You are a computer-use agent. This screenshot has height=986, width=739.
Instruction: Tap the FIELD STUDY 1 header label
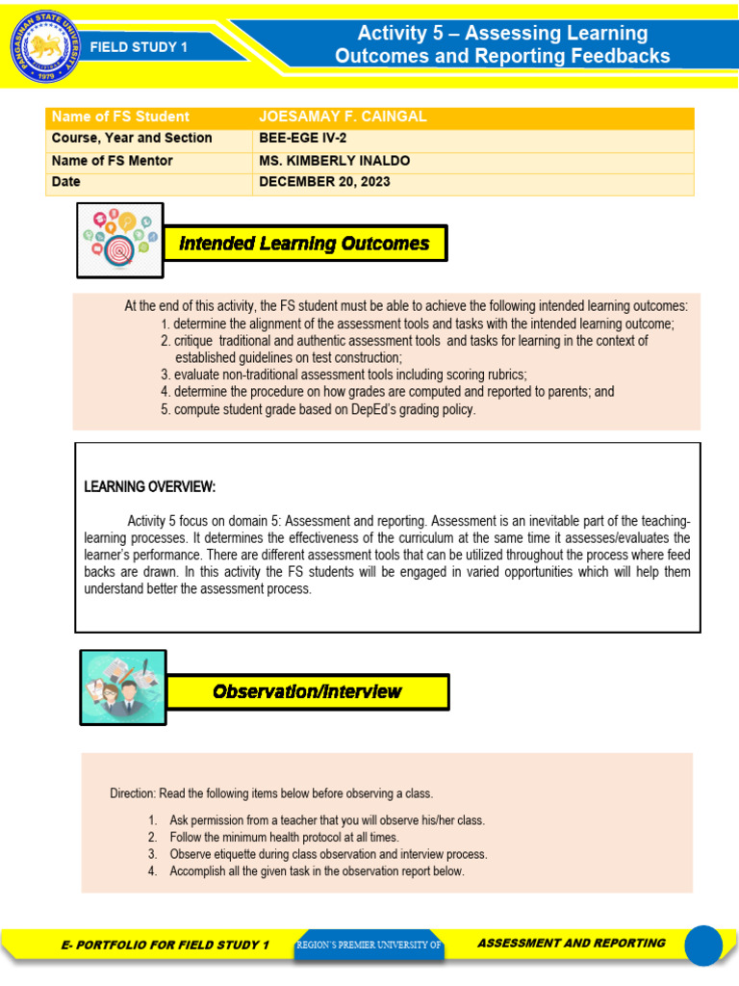(x=139, y=46)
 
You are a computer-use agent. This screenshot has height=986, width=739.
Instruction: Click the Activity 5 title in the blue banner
(x=502, y=45)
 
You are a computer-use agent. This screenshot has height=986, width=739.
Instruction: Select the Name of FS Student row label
(x=120, y=117)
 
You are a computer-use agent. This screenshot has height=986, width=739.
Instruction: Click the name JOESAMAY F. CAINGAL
(x=343, y=117)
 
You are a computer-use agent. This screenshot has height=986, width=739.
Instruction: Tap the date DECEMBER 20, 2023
(x=324, y=182)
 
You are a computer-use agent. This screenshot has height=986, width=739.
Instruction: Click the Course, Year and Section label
(x=132, y=139)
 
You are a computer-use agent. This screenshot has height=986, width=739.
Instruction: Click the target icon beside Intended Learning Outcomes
(x=120, y=240)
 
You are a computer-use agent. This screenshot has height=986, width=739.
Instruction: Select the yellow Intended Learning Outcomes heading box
(x=305, y=244)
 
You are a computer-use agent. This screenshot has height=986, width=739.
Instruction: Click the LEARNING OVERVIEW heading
(x=150, y=486)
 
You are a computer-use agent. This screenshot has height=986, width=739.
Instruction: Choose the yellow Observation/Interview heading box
(x=307, y=691)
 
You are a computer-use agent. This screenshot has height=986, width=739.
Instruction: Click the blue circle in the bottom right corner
(x=702, y=945)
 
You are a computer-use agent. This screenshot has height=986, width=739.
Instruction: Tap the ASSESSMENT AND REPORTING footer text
(x=571, y=944)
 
